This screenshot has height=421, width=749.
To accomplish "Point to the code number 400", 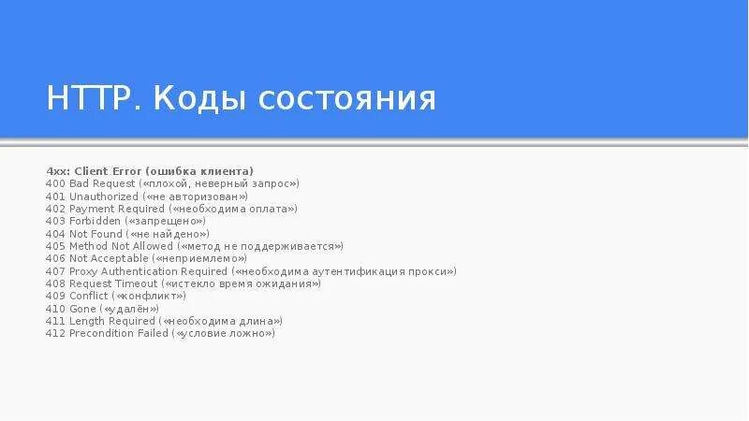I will pyautogui.click(x=55, y=184).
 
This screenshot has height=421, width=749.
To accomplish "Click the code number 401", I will pyautogui.click(x=55, y=196).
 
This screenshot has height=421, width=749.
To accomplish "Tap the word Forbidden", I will pyautogui.click(x=95, y=221).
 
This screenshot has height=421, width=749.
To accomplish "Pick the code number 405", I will pyautogui.click(x=55, y=246).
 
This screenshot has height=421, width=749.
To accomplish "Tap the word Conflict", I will pyautogui.click(x=90, y=296).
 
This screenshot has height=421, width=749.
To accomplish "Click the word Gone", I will pyautogui.click(x=82, y=309).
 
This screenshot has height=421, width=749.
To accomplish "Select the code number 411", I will pyautogui.click(x=55, y=321).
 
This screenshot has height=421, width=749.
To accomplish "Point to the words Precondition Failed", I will pyautogui.click(x=119, y=333).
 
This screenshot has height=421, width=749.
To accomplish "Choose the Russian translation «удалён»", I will pyautogui.click(x=129, y=309).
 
